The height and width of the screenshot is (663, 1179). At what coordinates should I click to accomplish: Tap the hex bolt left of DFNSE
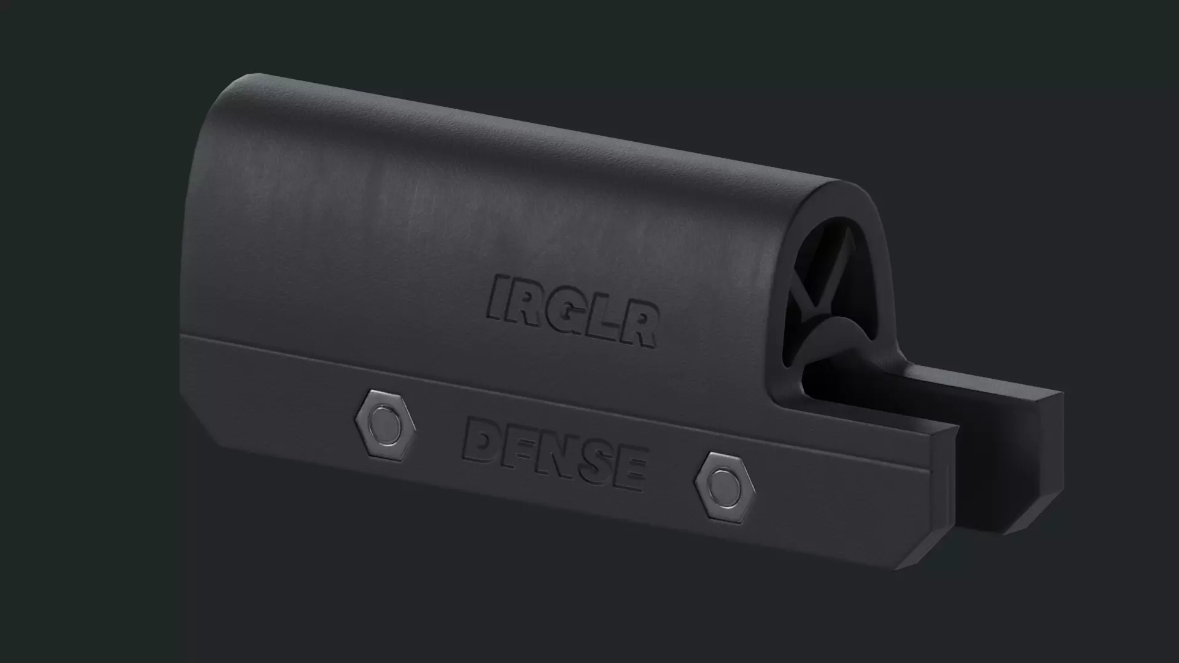(385, 424)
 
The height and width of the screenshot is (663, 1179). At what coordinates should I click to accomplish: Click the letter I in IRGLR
(498, 298)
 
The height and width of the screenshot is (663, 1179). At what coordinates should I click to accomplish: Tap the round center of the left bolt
(385, 424)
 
